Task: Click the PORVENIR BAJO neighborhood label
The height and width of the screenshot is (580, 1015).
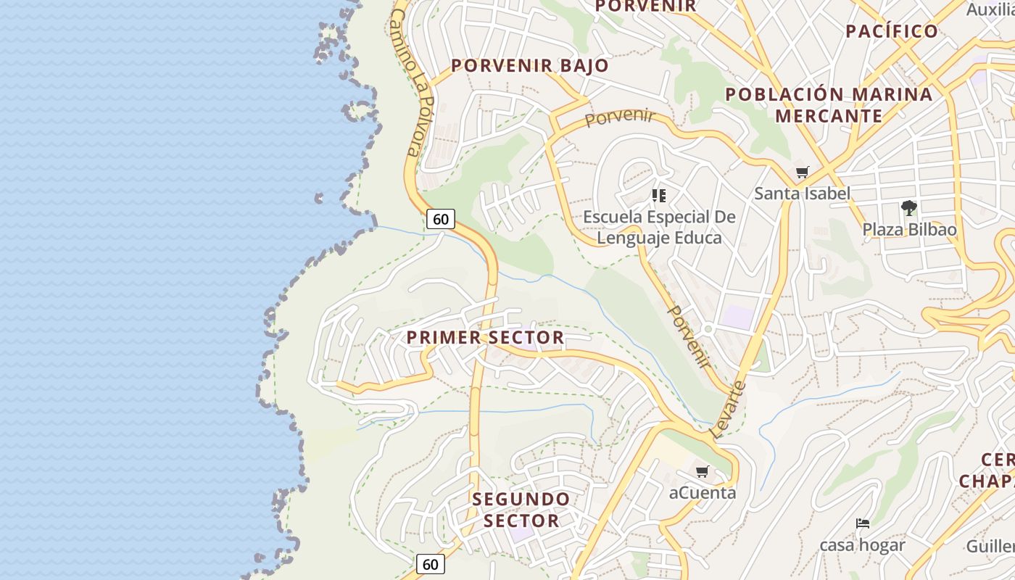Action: [530, 65]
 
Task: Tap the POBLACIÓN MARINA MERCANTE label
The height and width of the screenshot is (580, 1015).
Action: [829, 105]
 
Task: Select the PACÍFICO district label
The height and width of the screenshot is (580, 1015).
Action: [892, 31]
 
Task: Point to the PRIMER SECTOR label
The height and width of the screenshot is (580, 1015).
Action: [485, 337]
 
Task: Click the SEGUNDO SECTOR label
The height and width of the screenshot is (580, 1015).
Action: [521, 510]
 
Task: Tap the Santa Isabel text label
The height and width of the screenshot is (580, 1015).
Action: [802, 194]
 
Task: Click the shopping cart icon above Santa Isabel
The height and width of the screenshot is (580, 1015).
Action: [802, 173]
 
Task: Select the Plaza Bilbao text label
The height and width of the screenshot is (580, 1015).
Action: [909, 230]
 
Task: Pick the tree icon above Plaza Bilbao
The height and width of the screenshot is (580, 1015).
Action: [908, 209]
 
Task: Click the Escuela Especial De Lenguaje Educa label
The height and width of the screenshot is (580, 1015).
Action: [659, 227]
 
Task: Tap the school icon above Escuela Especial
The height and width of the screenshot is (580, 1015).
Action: [658, 196]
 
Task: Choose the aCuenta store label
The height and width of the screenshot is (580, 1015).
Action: [702, 493]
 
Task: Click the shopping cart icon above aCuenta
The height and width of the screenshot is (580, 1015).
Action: [702, 472]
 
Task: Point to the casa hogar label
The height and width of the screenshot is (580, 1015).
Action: [862, 544]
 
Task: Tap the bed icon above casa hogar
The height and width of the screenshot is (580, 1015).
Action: [862, 523]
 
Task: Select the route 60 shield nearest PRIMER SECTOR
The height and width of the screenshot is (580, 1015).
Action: [440, 219]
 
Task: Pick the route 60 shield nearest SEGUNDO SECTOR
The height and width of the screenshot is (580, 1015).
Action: [430, 563]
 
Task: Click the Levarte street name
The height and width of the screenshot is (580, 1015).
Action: [729, 410]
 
